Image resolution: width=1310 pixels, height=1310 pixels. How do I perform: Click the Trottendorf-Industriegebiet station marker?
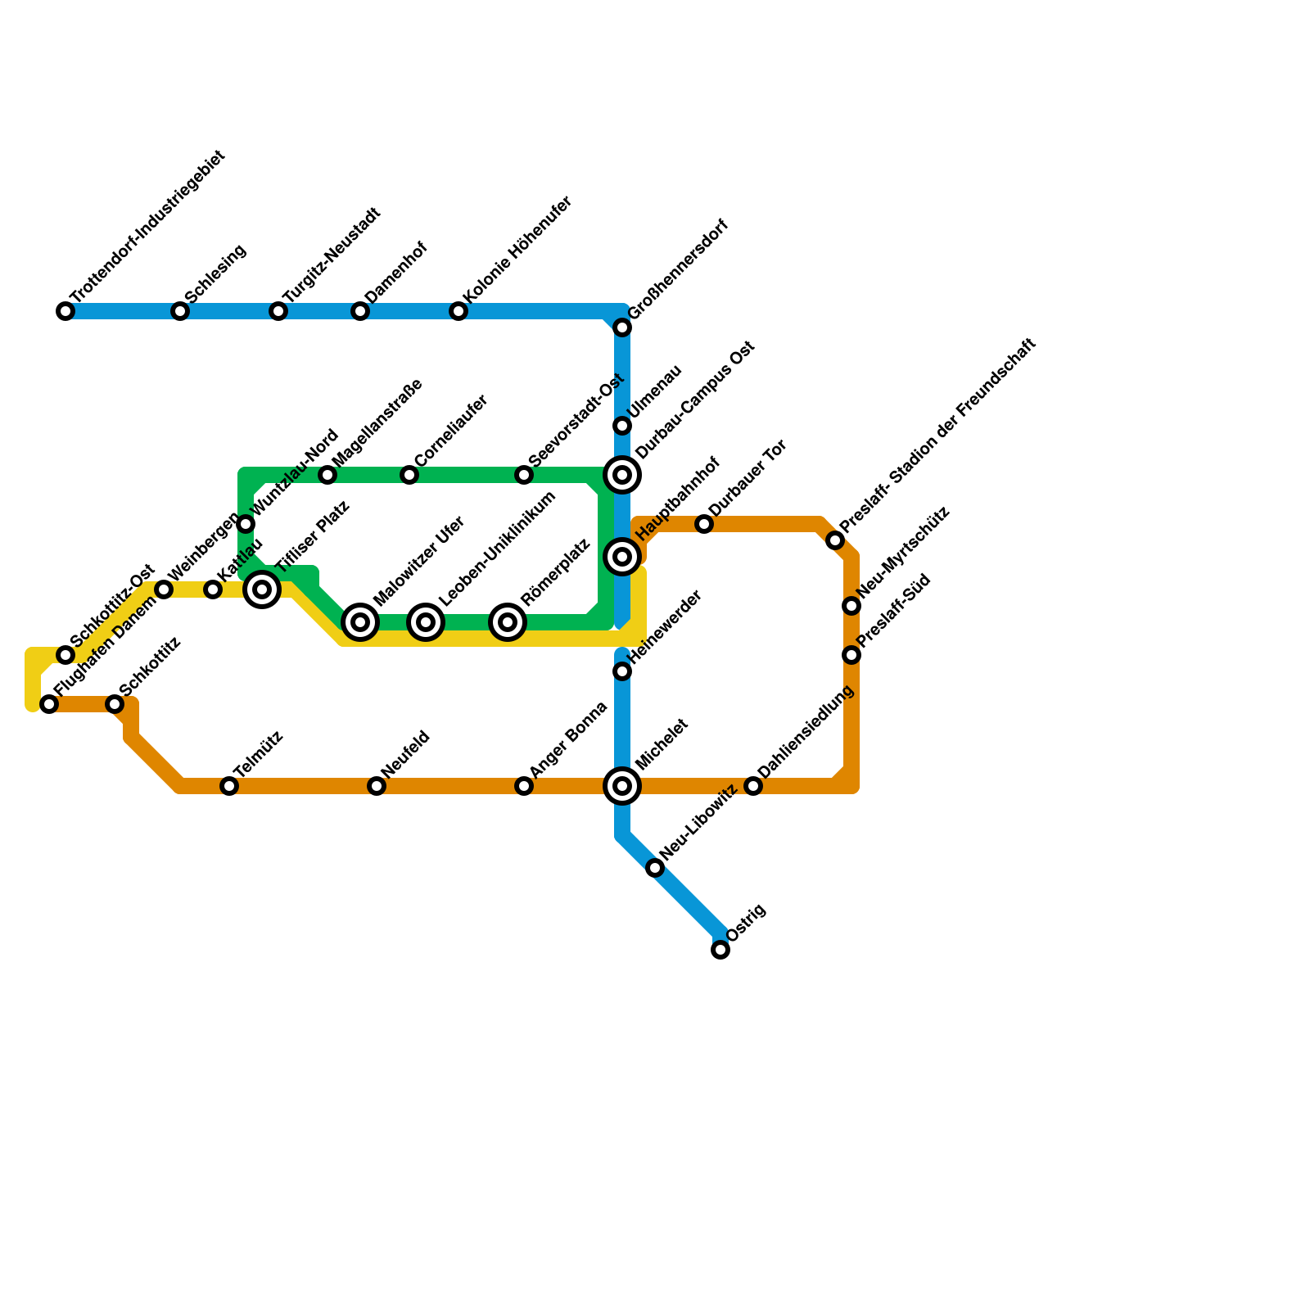pos(65,311)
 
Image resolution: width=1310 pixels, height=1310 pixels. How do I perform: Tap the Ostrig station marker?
pos(720,950)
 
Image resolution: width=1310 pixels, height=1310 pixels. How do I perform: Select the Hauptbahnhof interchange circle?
pos(622,557)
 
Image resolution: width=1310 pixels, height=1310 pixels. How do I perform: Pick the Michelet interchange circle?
pos(622,786)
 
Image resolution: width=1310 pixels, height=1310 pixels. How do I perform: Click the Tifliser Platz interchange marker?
pos(262,589)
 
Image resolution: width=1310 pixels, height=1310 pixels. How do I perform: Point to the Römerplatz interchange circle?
pos(508,622)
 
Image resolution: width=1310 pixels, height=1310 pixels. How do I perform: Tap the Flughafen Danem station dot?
pos(49,704)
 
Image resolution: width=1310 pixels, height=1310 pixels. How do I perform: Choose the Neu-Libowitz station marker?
pos(655,868)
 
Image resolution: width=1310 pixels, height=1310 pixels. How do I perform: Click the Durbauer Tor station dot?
pos(704,524)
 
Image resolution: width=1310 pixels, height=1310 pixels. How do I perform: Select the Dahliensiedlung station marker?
pos(753,786)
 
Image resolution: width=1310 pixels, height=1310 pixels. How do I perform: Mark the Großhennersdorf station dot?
pos(622,327)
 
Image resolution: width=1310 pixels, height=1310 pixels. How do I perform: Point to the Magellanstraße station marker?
pos(327,475)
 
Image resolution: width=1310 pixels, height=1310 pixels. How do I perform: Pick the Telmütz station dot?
pos(229,786)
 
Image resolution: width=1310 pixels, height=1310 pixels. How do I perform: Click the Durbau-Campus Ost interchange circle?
pos(622,475)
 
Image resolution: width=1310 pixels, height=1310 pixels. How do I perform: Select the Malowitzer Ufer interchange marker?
pos(360,622)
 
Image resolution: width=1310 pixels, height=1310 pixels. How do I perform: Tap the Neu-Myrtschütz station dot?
pos(851,606)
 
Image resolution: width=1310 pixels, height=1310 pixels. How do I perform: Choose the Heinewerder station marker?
pos(622,671)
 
